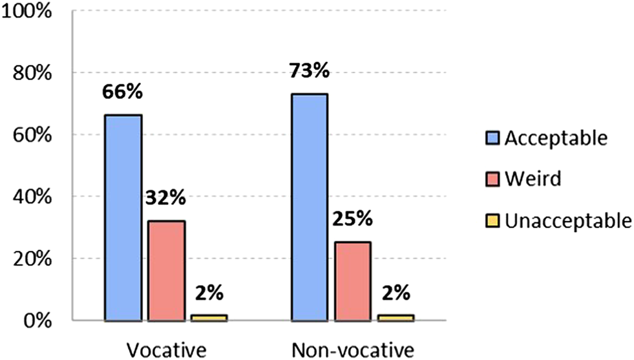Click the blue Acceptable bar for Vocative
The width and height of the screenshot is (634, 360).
123,217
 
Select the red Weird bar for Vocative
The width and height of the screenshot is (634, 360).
166,270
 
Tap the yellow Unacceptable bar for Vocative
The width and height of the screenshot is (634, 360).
209,317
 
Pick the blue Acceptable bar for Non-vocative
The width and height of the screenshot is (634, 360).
310,207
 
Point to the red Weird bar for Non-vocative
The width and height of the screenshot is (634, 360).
352,281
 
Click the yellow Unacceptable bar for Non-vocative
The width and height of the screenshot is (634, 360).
395,317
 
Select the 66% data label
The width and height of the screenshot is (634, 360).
122,92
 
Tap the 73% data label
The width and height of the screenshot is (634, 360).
309,70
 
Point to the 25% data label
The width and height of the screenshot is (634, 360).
352,220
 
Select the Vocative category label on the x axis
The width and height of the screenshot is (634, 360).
166,350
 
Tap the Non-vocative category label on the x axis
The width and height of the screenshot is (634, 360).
352,350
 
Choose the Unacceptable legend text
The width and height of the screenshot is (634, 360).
567,221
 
